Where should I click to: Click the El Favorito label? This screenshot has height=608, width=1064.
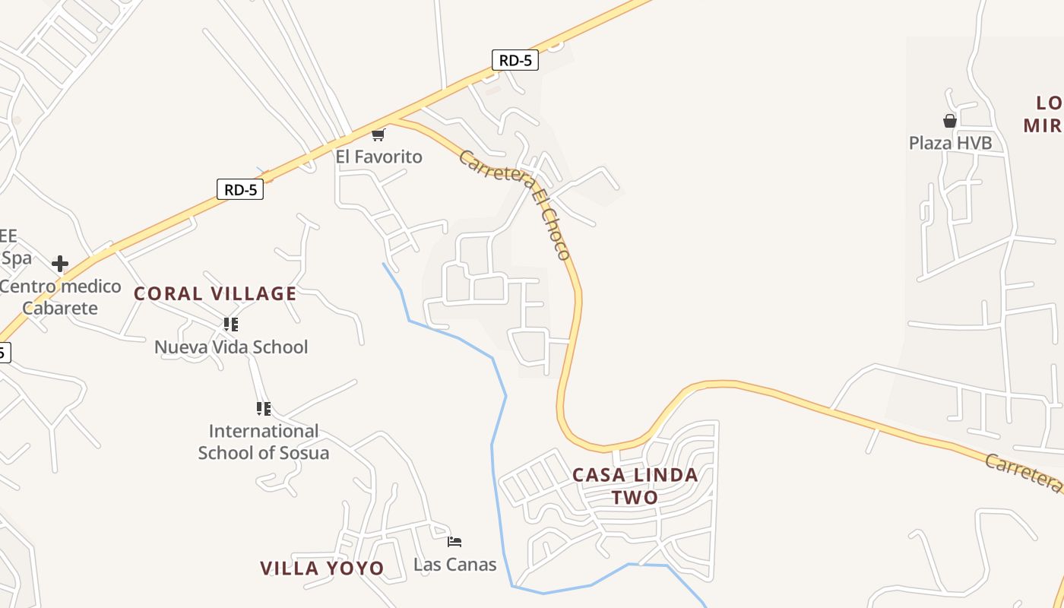pos(378,157)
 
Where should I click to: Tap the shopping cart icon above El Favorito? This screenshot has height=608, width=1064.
pos(378,135)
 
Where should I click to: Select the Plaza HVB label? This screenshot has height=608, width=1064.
pos(950,142)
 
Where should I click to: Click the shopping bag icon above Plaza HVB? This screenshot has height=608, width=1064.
pos(949,120)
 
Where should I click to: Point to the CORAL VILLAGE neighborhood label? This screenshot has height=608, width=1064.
pos(215,293)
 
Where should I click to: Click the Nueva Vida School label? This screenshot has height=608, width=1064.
pos(231,347)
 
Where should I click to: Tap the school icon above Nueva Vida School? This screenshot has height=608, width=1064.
pos(231,325)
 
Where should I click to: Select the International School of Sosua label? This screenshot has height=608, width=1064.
pos(263,442)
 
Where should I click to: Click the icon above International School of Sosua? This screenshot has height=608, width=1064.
pos(263,409)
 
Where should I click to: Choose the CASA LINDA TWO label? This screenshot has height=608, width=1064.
pos(635,486)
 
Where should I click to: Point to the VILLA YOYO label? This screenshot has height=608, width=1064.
pos(321,568)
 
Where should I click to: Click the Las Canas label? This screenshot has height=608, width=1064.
pos(454,564)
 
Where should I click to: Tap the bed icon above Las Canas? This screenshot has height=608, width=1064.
pos(454,542)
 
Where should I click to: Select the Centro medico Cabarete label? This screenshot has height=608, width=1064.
pos(60,297)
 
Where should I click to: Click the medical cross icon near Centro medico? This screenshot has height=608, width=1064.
pos(60,264)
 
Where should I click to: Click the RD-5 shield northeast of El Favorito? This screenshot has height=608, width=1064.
pos(515,60)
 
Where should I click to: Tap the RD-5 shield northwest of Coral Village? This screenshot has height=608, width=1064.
pos(240,189)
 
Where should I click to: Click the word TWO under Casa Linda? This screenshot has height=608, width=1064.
pos(635,497)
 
